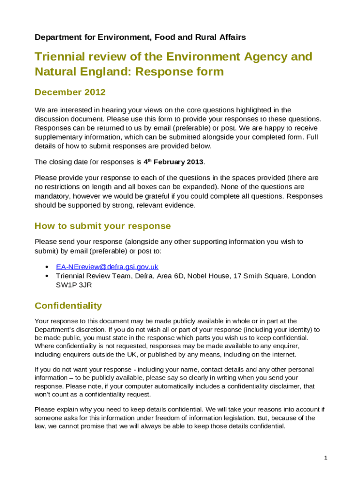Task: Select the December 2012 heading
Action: [x=70, y=92]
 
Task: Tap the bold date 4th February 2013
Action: [x=173, y=162]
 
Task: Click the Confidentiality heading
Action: [x=68, y=306]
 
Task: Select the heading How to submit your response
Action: [x=102, y=226]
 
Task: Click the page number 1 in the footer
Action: [x=325, y=458]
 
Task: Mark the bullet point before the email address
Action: [x=47, y=267]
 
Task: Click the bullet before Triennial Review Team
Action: [x=47, y=276]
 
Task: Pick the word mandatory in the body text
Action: [x=52, y=196]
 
